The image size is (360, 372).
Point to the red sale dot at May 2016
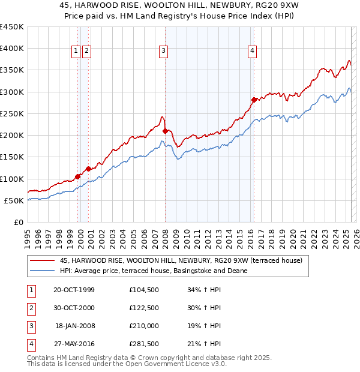[254, 100]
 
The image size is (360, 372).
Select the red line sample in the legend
[42, 260]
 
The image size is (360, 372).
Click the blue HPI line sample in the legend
[42, 271]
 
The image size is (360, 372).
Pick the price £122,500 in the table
[145, 307]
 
